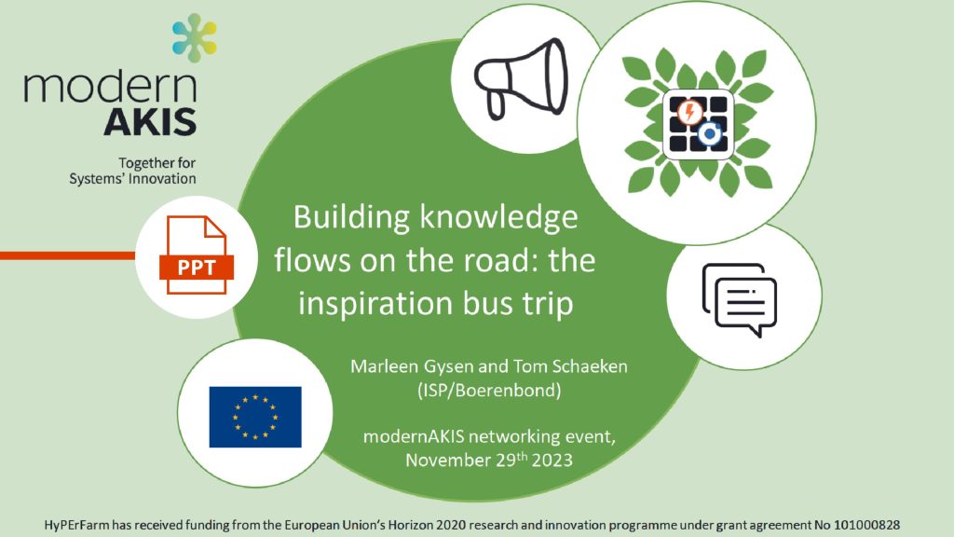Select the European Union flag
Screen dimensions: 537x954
coord(254,417)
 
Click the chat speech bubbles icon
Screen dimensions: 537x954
coord(739,296)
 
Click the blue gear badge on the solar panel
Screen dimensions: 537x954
coord(711,135)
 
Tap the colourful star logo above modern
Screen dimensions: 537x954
coord(194,38)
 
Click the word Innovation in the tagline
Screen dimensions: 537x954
coord(163,178)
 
